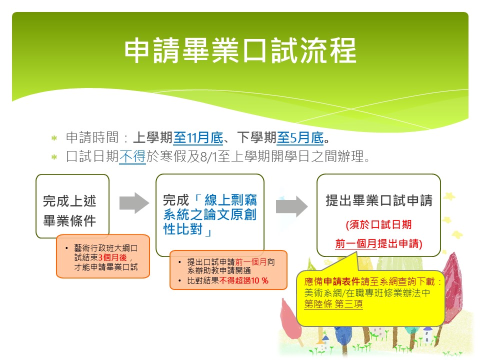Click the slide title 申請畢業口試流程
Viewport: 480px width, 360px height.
point(240,50)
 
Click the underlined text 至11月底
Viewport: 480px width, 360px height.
point(198,138)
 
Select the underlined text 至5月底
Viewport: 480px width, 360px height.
point(300,138)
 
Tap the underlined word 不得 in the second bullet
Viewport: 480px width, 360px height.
point(132,156)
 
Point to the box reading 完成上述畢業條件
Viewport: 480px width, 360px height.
point(72,206)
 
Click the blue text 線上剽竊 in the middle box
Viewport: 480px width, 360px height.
point(230,200)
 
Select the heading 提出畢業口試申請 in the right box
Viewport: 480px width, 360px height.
point(379,200)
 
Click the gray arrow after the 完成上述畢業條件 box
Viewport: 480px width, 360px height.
point(134,203)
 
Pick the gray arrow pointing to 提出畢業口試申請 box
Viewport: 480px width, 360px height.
point(291,206)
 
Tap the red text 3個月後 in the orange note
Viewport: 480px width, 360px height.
point(112,257)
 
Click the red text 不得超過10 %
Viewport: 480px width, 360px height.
point(243,280)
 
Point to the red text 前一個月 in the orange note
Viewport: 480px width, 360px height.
point(251,262)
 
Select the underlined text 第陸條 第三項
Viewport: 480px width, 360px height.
point(333,304)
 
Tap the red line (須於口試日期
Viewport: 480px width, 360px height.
point(378,224)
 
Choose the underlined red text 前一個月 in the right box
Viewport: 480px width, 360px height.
point(356,243)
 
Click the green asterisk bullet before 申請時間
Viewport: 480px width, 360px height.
point(54,138)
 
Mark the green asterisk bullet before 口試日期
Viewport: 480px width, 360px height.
point(54,157)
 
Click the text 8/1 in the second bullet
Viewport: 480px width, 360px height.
point(208,156)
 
